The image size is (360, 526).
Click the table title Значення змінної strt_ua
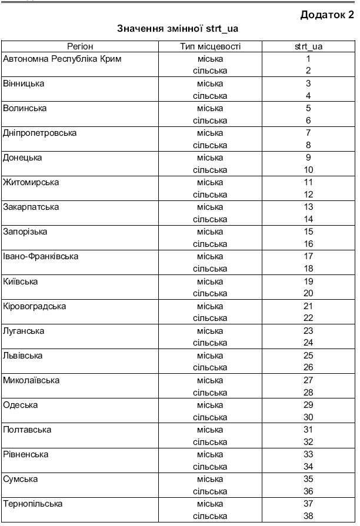[180, 28]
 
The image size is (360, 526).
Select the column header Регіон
[80, 46]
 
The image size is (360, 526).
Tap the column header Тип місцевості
[210, 46]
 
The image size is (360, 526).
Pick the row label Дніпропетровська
[40, 133]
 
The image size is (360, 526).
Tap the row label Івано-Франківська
[41, 256]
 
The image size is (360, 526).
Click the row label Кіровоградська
[35, 306]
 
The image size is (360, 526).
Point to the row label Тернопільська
[33, 504]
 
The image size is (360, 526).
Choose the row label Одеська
[20, 405]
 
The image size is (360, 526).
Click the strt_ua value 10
[308, 170]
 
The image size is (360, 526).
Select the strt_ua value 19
[308, 282]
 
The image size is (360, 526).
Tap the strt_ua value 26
[308, 367]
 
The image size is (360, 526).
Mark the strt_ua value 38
[308, 516]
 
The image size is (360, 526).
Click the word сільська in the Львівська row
[210, 367]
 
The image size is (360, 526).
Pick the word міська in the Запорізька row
[210, 232]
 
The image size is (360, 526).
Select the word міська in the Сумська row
[210, 479]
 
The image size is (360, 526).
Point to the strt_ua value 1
[308, 59]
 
